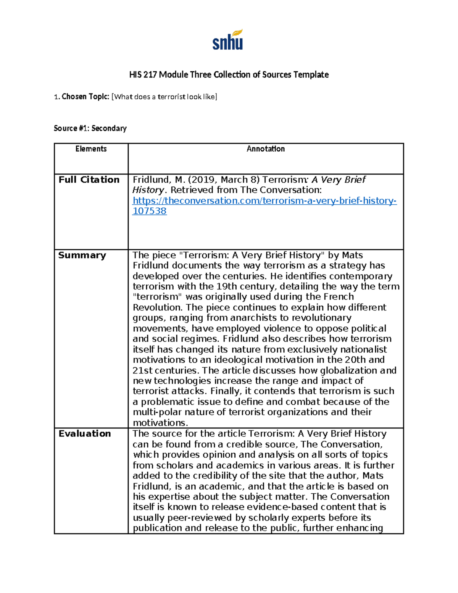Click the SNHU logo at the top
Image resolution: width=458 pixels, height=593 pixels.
[x=228, y=40]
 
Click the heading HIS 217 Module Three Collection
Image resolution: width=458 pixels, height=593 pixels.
[x=229, y=74]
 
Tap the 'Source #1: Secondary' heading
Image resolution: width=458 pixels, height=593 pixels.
[x=90, y=128]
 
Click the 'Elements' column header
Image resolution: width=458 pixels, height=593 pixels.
[x=91, y=149]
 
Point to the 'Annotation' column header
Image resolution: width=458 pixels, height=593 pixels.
[x=266, y=149]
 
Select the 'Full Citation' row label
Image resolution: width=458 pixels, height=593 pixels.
[x=89, y=180]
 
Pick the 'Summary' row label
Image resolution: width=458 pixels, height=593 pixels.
[x=82, y=255]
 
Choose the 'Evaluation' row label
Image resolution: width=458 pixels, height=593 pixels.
[x=85, y=434]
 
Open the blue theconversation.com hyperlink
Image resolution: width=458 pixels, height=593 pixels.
[x=264, y=201]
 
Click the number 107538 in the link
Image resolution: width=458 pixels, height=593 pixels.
[x=149, y=211]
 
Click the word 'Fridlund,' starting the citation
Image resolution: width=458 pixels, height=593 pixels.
[x=150, y=180]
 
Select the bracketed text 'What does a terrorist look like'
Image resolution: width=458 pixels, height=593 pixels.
[x=164, y=97]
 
